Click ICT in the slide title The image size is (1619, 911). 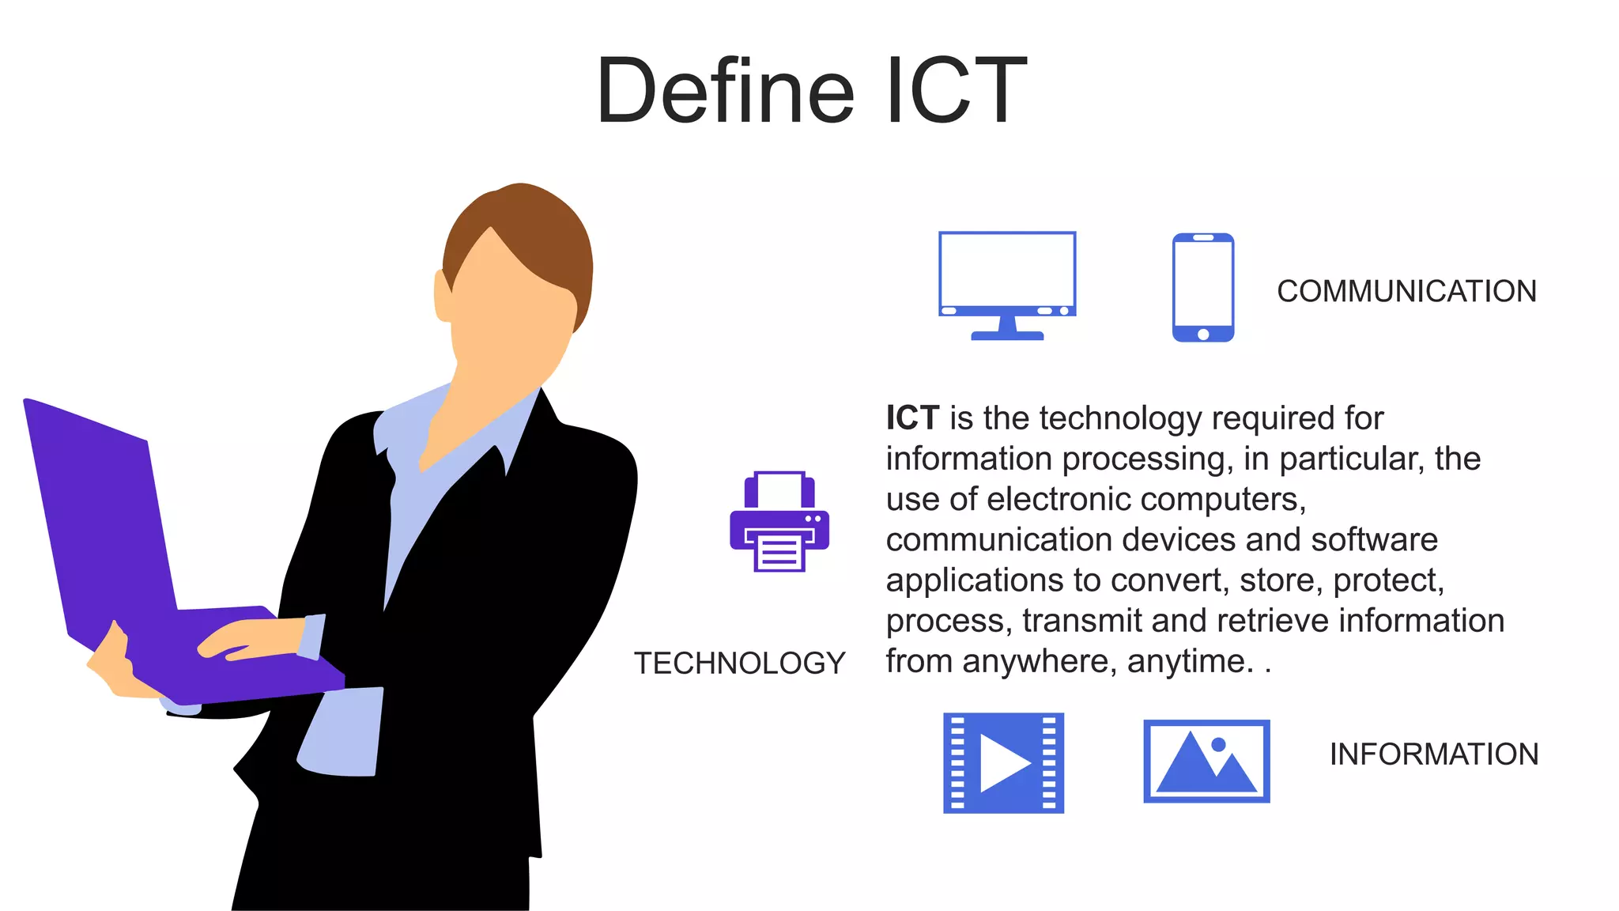click(956, 91)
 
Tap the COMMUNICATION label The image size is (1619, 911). click(1406, 291)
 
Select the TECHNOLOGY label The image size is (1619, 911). click(739, 663)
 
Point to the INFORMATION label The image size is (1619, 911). click(1433, 754)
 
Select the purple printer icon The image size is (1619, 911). click(779, 522)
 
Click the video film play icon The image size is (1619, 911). click(1002, 762)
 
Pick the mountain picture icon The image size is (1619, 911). click(1206, 761)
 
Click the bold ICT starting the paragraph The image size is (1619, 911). click(911, 418)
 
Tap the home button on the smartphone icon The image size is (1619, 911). click(1202, 334)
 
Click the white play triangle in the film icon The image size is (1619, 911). click(1001, 763)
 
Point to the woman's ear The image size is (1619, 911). click(443, 297)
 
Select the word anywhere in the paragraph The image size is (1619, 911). click(1036, 661)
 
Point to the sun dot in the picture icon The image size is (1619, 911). click(1218, 744)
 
